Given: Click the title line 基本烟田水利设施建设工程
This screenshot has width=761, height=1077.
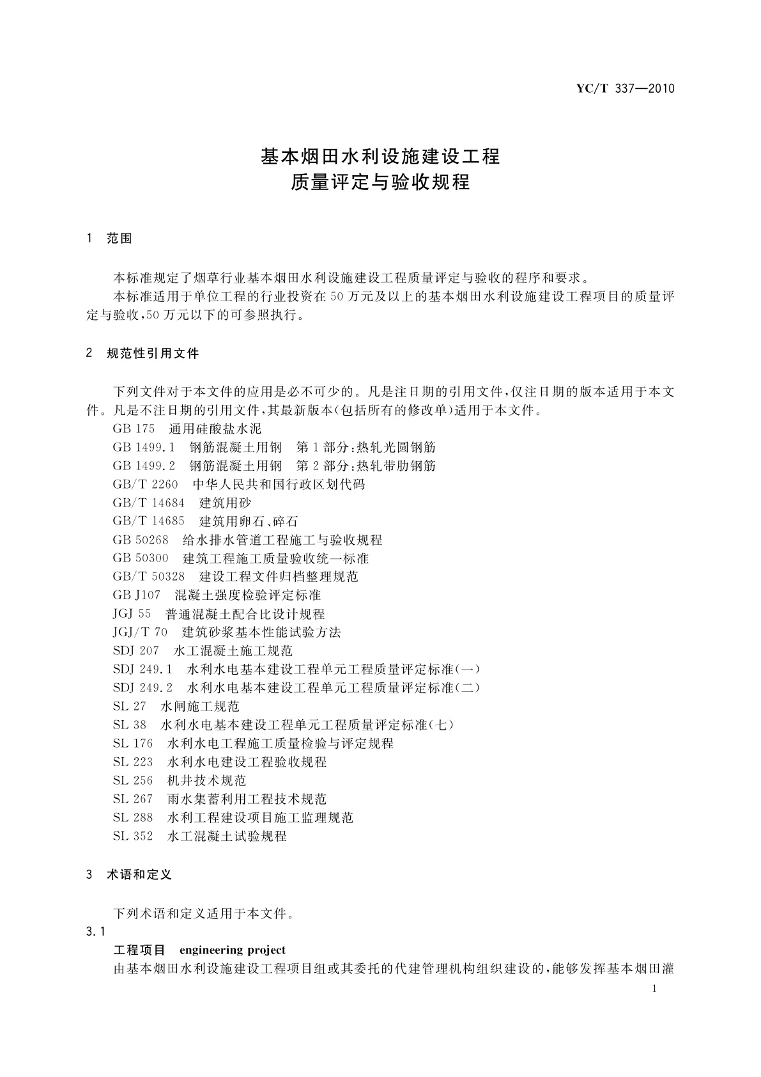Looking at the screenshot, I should click(380, 156).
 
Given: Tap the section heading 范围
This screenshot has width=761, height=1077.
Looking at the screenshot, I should click(119, 239).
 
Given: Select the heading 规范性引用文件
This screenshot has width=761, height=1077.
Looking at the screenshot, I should click(153, 353).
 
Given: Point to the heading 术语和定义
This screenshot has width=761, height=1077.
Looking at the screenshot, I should click(139, 874).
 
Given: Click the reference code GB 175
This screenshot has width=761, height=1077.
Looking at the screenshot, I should click(134, 428).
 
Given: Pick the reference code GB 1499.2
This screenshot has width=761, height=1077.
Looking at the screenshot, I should click(144, 466).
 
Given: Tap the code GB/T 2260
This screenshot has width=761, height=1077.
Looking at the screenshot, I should click(145, 484).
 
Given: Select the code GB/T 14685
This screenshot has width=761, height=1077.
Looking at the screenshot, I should click(148, 521).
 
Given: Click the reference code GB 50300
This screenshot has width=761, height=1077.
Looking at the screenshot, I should click(141, 558).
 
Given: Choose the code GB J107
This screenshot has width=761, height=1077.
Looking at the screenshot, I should click(137, 595).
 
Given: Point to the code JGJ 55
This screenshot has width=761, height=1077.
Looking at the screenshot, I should click(132, 614).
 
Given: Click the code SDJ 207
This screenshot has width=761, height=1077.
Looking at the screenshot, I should click(135, 651).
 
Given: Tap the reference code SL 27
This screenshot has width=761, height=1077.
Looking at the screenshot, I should click(130, 707).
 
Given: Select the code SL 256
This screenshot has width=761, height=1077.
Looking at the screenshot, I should click(133, 780).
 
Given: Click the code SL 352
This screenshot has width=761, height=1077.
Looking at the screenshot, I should click(133, 836).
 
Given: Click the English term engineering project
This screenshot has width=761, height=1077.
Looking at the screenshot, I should click(233, 950).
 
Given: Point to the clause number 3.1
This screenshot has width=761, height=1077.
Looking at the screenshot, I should click(96, 931).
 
